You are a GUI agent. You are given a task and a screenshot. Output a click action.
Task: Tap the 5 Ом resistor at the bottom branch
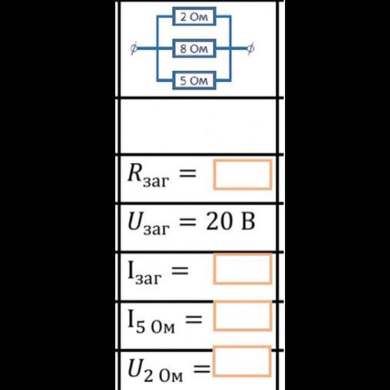tap(194, 80)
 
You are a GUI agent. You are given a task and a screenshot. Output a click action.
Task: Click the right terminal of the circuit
tap(251, 49)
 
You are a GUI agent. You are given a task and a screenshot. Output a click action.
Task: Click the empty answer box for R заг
tap(242, 174)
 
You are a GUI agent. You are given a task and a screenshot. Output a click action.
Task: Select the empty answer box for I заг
tap(242, 269)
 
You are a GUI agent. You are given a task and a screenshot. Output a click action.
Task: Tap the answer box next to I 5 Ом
tap(242, 316)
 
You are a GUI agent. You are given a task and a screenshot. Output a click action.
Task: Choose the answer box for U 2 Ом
tap(241, 362)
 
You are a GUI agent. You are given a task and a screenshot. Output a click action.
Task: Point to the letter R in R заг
tap(135, 173)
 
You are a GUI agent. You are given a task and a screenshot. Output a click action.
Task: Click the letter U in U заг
tap(136, 221)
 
